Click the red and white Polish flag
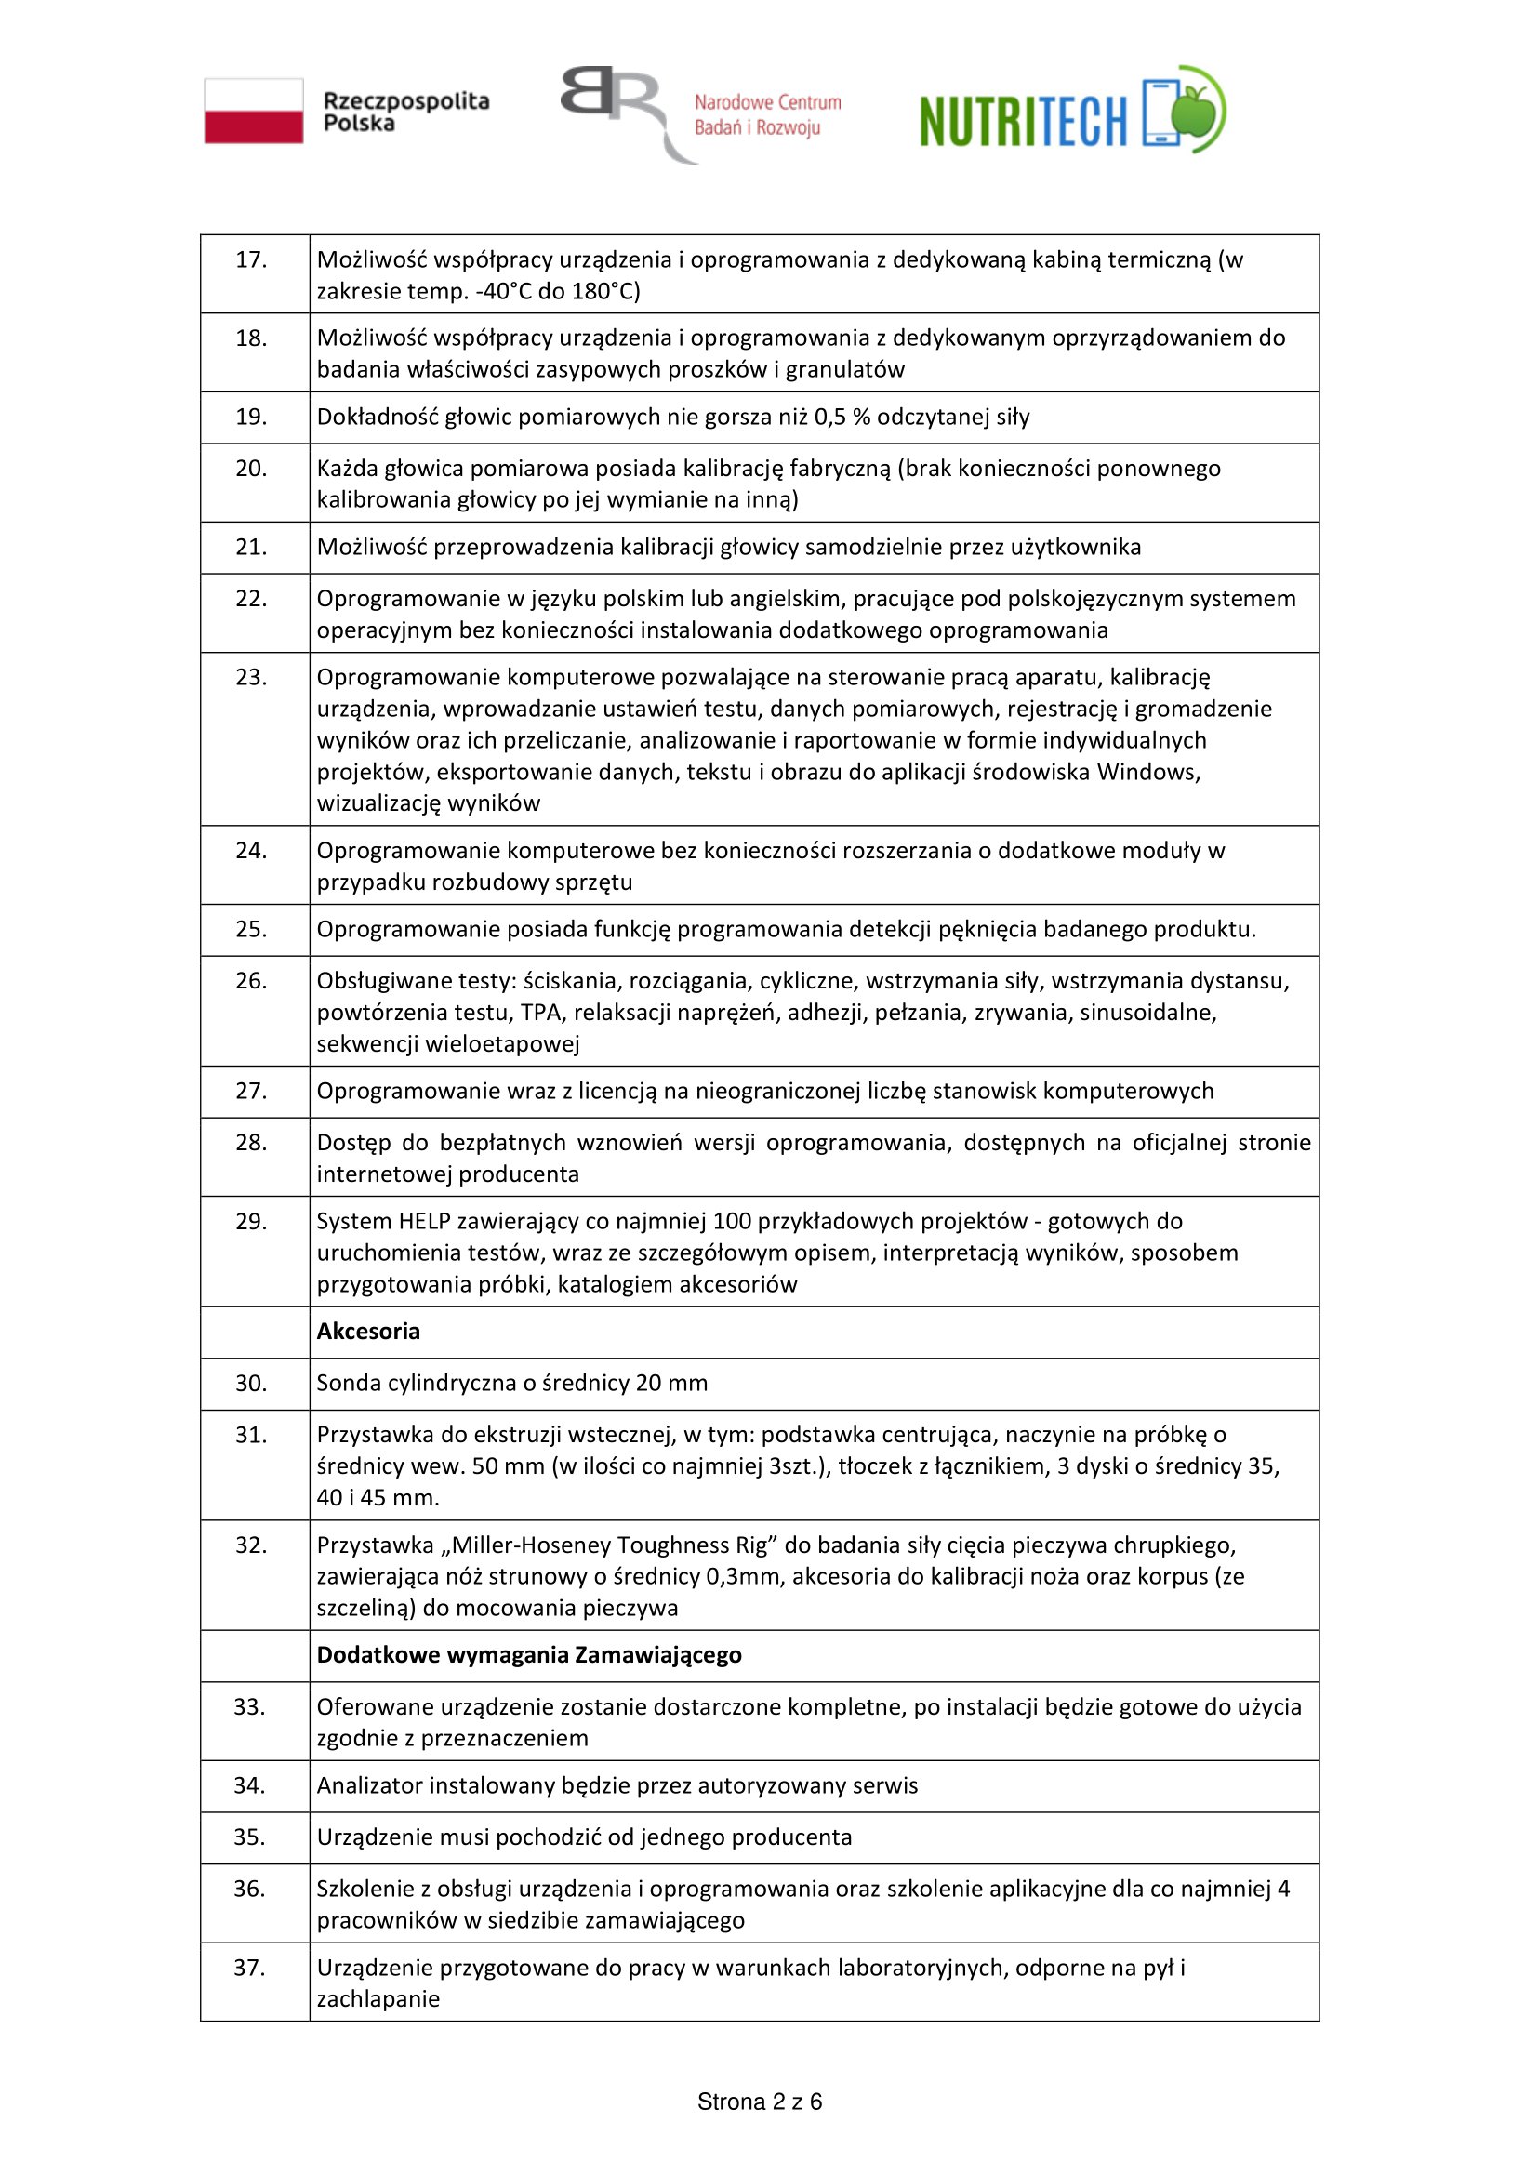click(x=254, y=111)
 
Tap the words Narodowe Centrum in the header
click(x=767, y=102)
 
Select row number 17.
click(x=251, y=259)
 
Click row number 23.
click(x=251, y=677)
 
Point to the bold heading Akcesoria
click(x=368, y=1331)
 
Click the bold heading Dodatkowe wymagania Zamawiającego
click(x=529, y=1655)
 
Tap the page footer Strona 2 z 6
click(x=760, y=2102)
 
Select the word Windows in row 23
click(x=1147, y=772)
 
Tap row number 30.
click(x=251, y=1383)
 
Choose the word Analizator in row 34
click(x=369, y=1785)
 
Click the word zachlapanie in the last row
click(x=378, y=1999)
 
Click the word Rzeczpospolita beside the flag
click(x=406, y=100)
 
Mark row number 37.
click(x=250, y=1968)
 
